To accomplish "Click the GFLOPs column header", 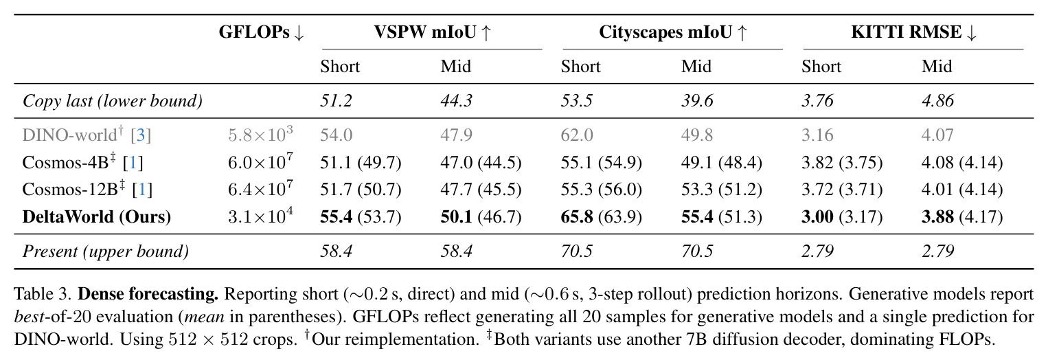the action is coord(262,32).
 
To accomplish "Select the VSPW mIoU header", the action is coord(432,32).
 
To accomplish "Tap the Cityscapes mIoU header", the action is coord(673,32).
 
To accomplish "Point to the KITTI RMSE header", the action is coord(913,32).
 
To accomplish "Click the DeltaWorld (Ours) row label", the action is coord(97,216).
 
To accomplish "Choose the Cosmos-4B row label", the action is coord(83,162).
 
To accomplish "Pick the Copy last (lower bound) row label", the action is coord(113,101).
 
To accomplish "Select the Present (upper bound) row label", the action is coord(106,251).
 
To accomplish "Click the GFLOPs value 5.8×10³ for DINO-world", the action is coord(260,135).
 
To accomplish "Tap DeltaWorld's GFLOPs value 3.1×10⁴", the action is coord(260,216).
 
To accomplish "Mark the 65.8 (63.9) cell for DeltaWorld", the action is coord(601,216).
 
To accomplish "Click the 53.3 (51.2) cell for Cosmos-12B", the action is coord(721,190).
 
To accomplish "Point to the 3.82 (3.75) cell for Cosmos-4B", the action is coord(842,162).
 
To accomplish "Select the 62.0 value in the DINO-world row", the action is coord(577,135).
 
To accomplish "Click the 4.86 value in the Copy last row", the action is coord(937,101).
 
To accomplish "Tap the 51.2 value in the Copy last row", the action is coord(336,101).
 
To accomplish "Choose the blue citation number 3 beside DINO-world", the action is coord(140,135).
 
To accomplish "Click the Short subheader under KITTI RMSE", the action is coord(821,67).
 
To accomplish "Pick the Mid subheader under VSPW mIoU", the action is coord(455,67).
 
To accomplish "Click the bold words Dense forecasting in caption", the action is coord(148,294).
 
